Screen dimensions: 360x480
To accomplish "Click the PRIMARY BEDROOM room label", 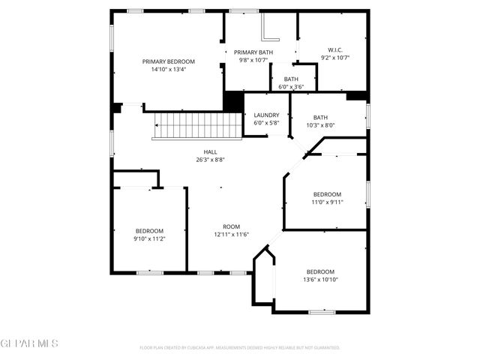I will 169,61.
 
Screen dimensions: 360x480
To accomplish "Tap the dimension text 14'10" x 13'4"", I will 169,69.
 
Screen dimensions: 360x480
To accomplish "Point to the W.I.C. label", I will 335,49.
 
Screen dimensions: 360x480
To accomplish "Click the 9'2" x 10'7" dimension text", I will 335,58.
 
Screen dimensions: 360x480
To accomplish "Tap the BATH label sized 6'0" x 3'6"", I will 291,79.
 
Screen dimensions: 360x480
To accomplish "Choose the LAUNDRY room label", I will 266,115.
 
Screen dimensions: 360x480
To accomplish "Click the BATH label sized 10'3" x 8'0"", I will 321,117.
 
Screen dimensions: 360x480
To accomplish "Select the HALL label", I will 200,151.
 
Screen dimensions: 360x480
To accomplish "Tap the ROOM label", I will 231,226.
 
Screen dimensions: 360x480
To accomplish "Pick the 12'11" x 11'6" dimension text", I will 231,234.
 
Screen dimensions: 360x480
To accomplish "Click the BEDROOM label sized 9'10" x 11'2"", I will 149,231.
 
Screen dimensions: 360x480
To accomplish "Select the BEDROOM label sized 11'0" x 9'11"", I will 327,194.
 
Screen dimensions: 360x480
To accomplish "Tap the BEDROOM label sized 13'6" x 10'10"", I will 320,271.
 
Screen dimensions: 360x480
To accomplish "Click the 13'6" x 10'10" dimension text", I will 320,280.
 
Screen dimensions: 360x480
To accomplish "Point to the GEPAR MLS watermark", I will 29,343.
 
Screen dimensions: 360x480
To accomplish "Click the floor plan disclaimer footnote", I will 240,348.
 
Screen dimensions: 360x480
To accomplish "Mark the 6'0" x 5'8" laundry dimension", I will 266,123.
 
